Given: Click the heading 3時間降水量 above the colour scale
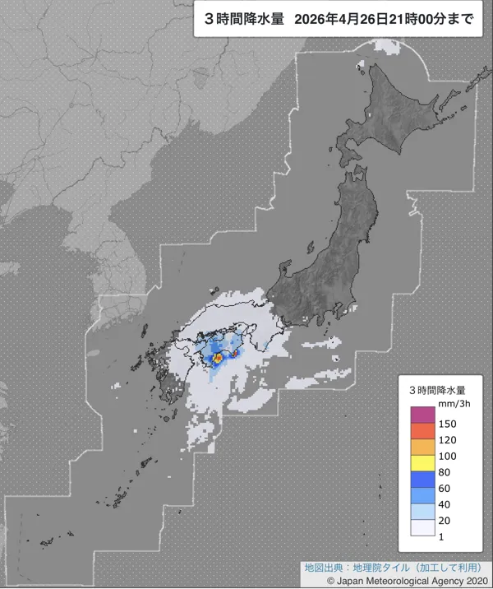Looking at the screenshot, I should click(x=438, y=388).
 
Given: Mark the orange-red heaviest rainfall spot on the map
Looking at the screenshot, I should click(x=219, y=359).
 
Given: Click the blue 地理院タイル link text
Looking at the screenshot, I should click(x=385, y=568).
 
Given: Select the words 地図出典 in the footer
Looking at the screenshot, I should click(x=320, y=568).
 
